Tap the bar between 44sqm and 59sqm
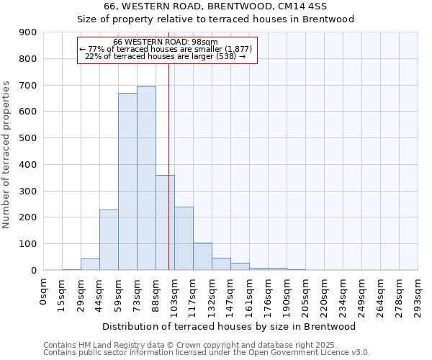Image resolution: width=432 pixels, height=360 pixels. pos(109,240)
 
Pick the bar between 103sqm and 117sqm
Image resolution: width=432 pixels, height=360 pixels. pos(184,238)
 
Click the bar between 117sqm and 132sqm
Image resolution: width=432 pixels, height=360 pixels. pos(202,256)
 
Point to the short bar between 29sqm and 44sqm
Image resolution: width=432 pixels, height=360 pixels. pos(90,264)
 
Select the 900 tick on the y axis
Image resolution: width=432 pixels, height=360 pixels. pos(27,32)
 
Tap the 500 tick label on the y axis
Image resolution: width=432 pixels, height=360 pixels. pos(27,138)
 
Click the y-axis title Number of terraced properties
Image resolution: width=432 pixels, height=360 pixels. pos(7,155)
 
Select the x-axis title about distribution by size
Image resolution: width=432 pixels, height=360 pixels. pos(230,326)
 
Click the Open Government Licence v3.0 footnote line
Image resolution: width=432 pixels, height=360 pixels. pos(207,353)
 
